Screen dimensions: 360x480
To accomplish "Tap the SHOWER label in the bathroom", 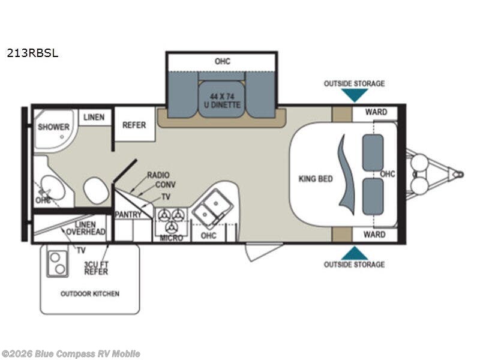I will (x=54, y=127).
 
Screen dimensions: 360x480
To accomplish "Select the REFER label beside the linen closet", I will (x=134, y=125).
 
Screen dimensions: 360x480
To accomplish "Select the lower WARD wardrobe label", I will (x=374, y=235).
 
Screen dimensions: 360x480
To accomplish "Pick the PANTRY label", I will (x=128, y=214).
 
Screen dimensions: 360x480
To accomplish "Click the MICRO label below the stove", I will (x=172, y=238).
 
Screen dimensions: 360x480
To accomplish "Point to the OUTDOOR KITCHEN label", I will (x=89, y=294).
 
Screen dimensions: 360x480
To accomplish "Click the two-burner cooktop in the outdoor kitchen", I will (x=58, y=262).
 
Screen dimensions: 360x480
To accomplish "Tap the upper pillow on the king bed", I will (x=373, y=152).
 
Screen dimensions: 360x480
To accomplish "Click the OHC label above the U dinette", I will (x=222, y=61).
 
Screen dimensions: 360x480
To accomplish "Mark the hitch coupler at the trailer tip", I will (x=458, y=174).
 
